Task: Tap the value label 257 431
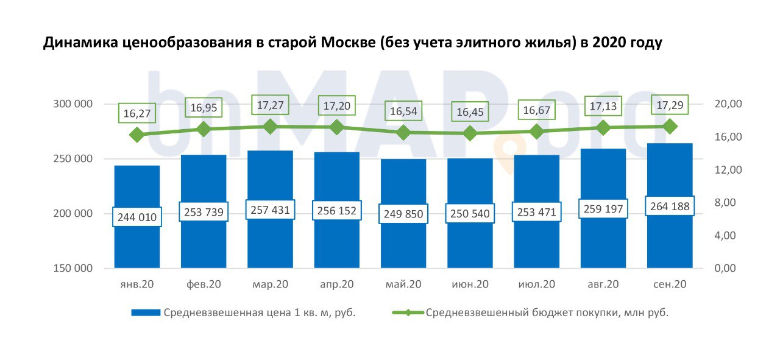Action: [x=270, y=210]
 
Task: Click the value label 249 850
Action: [x=403, y=214]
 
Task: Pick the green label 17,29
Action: [x=670, y=104]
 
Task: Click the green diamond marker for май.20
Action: [x=403, y=132]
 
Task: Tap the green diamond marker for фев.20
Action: [x=204, y=129]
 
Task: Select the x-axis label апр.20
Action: [x=336, y=284]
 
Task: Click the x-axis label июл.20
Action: [x=537, y=284]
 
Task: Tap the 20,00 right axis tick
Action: [x=726, y=104]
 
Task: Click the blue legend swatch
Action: [x=146, y=313]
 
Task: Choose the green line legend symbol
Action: [x=408, y=313]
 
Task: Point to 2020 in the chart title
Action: [x=609, y=44]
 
